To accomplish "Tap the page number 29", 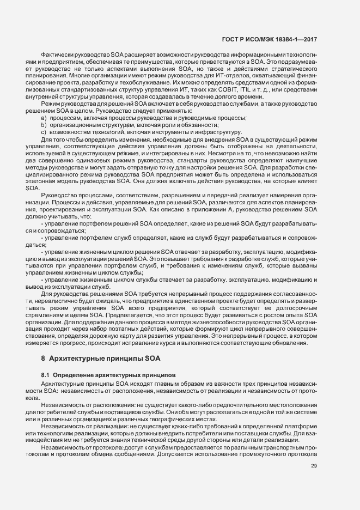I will coord(314,465).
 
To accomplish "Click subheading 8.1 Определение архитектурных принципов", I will coord(108,375).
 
